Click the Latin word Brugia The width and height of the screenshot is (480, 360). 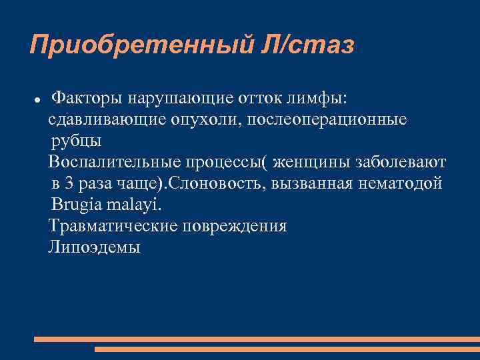[76, 205]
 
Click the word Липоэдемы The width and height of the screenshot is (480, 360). [94, 247]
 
